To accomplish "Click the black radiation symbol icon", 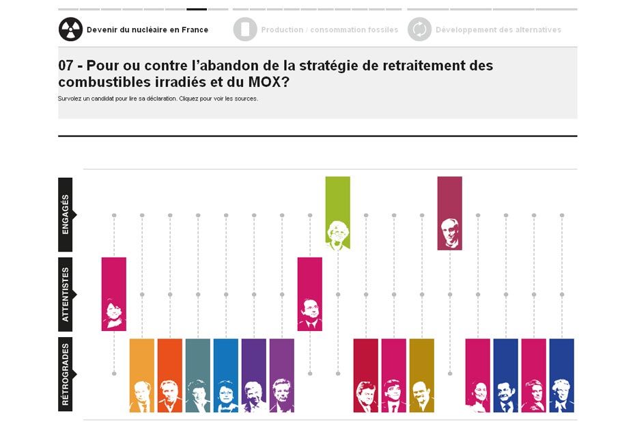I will tap(70, 29).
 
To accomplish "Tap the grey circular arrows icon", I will tap(419, 29).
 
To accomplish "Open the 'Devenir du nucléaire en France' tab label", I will tap(147, 30).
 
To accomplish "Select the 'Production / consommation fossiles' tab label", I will tap(329, 30).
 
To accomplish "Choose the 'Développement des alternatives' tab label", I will tap(498, 30).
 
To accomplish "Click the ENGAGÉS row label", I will tap(66, 215).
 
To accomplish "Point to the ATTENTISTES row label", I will tap(66, 295).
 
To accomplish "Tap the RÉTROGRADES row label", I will tap(66, 375).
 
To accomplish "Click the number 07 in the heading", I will tap(66, 66).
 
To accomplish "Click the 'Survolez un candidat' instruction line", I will tap(158, 98).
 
